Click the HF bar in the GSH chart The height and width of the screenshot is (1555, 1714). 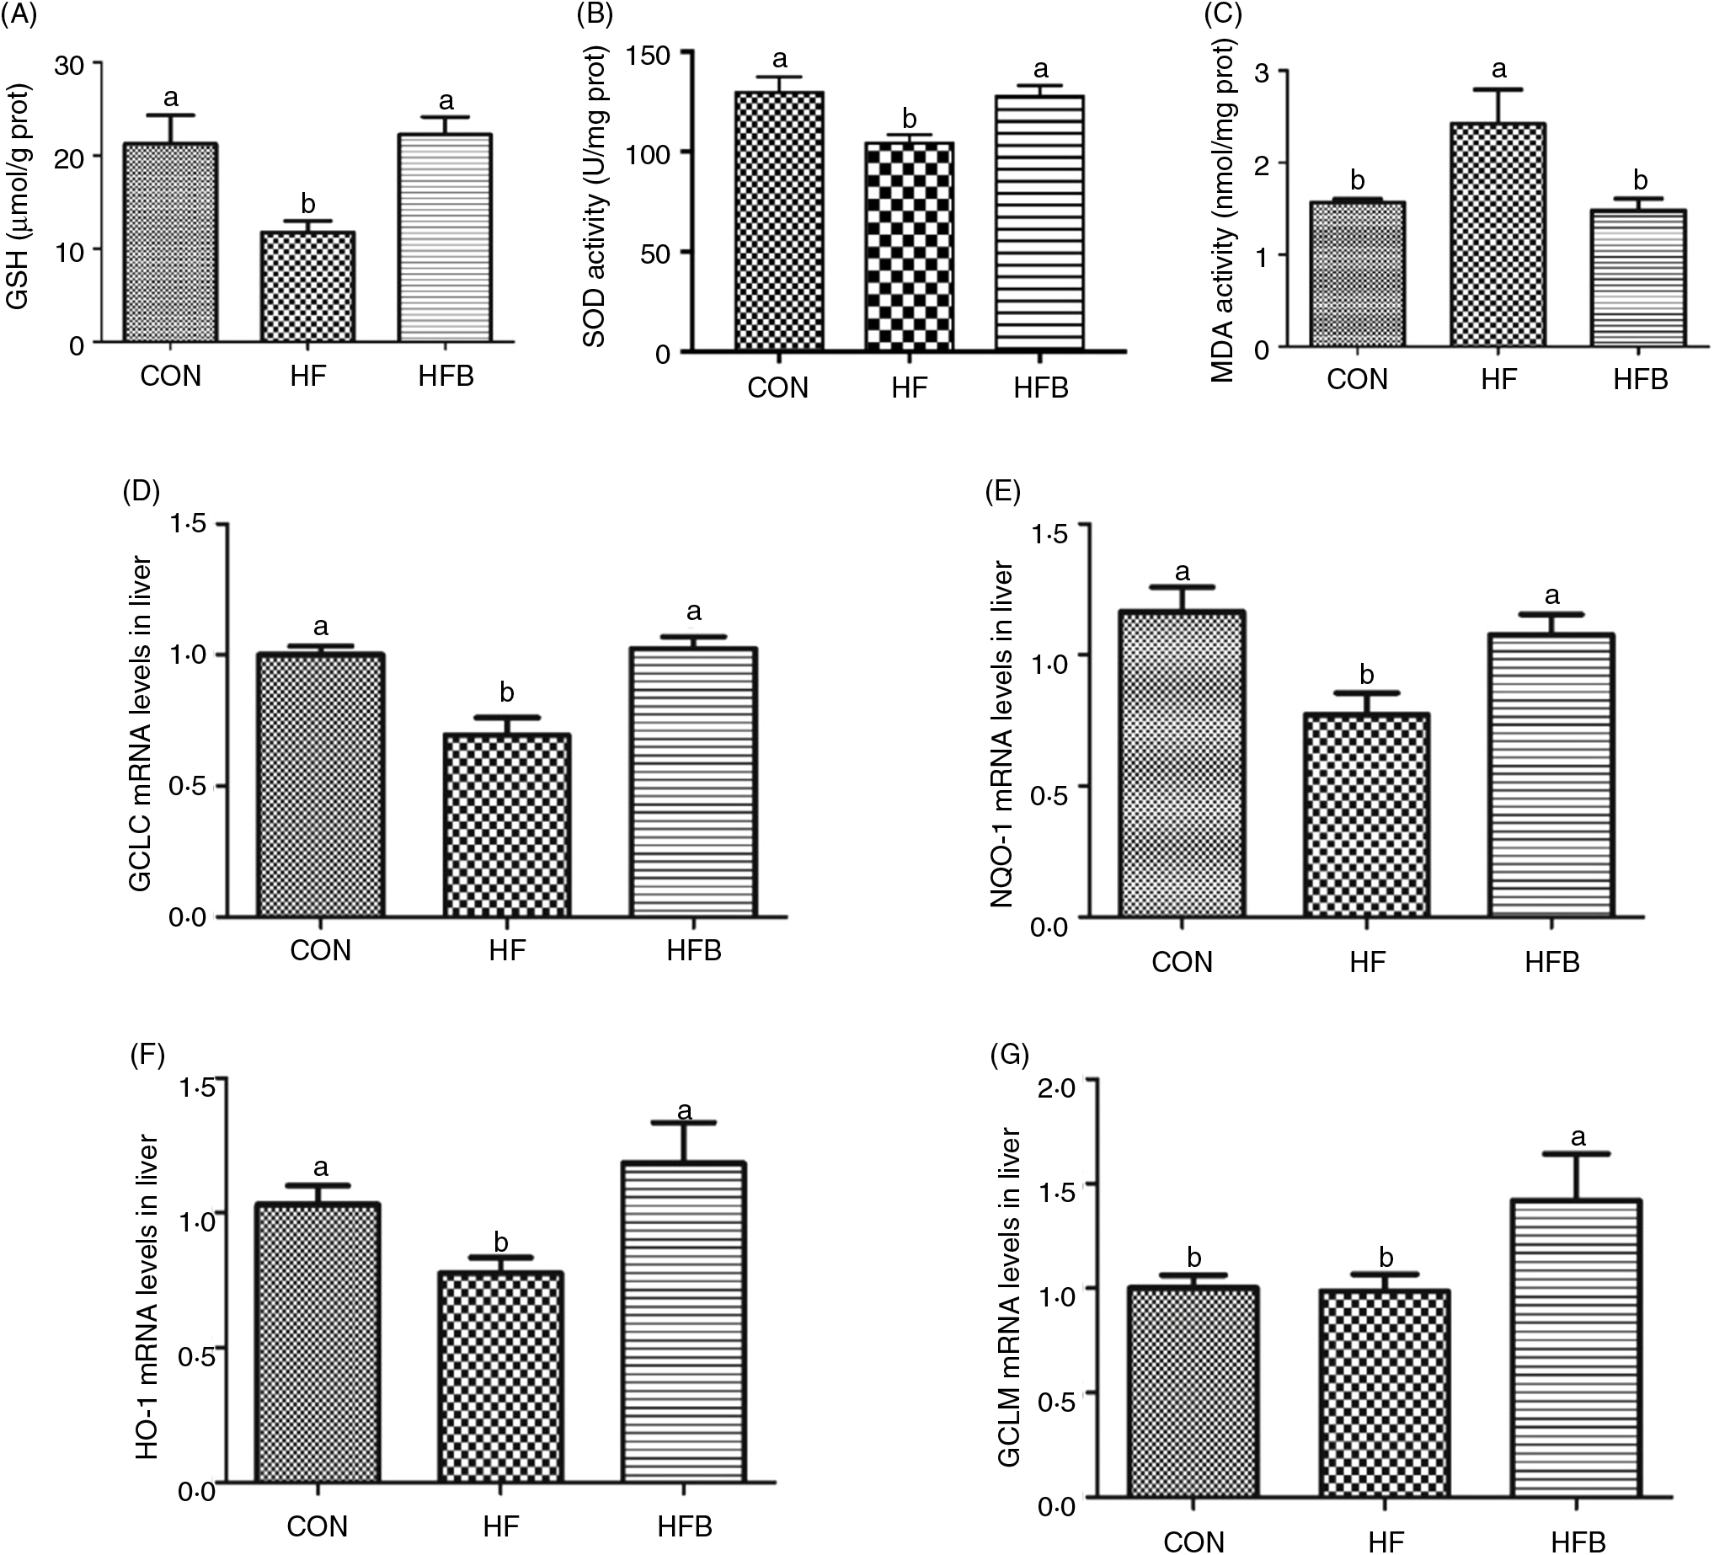click(x=307, y=287)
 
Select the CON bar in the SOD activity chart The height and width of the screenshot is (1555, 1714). click(x=779, y=221)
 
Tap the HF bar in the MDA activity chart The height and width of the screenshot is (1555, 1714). click(x=1498, y=236)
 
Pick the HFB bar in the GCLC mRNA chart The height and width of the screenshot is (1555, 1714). click(x=693, y=783)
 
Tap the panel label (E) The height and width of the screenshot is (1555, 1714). click(x=1001, y=492)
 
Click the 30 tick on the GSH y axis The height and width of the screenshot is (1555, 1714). click(x=70, y=64)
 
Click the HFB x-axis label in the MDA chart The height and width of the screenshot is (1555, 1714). click(x=1640, y=379)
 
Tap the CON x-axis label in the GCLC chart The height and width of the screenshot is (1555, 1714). click(x=321, y=949)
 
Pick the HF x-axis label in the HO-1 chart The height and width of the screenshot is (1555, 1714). click(x=501, y=1526)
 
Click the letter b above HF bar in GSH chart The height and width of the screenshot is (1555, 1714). click(x=307, y=204)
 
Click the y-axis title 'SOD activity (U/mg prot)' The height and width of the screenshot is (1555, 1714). click(x=595, y=200)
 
